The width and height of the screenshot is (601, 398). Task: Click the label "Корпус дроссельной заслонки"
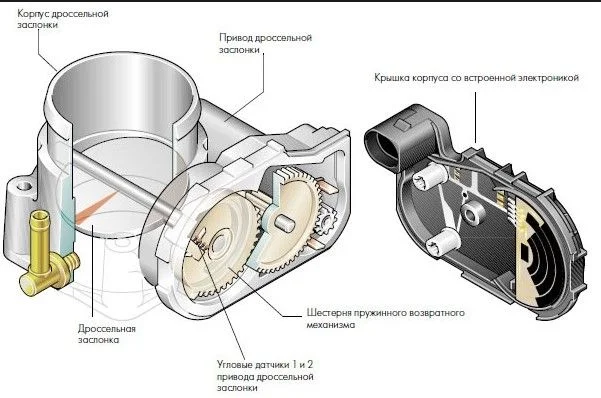(x=62, y=19)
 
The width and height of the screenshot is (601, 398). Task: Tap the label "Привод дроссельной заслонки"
(x=265, y=43)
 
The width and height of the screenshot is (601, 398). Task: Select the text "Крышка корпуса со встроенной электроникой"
(x=476, y=78)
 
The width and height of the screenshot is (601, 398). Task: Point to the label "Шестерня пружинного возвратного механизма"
(x=385, y=319)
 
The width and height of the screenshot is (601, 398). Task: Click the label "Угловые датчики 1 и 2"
(x=265, y=364)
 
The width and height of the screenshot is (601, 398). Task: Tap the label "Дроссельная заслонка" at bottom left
(x=107, y=334)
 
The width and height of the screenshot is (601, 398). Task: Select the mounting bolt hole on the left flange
(x=24, y=187)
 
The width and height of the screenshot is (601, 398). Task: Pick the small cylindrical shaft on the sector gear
(x=284, y=223)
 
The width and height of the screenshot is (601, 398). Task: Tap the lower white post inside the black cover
(x=443, y=241)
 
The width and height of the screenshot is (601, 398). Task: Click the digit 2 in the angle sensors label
(x=310, y=364)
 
